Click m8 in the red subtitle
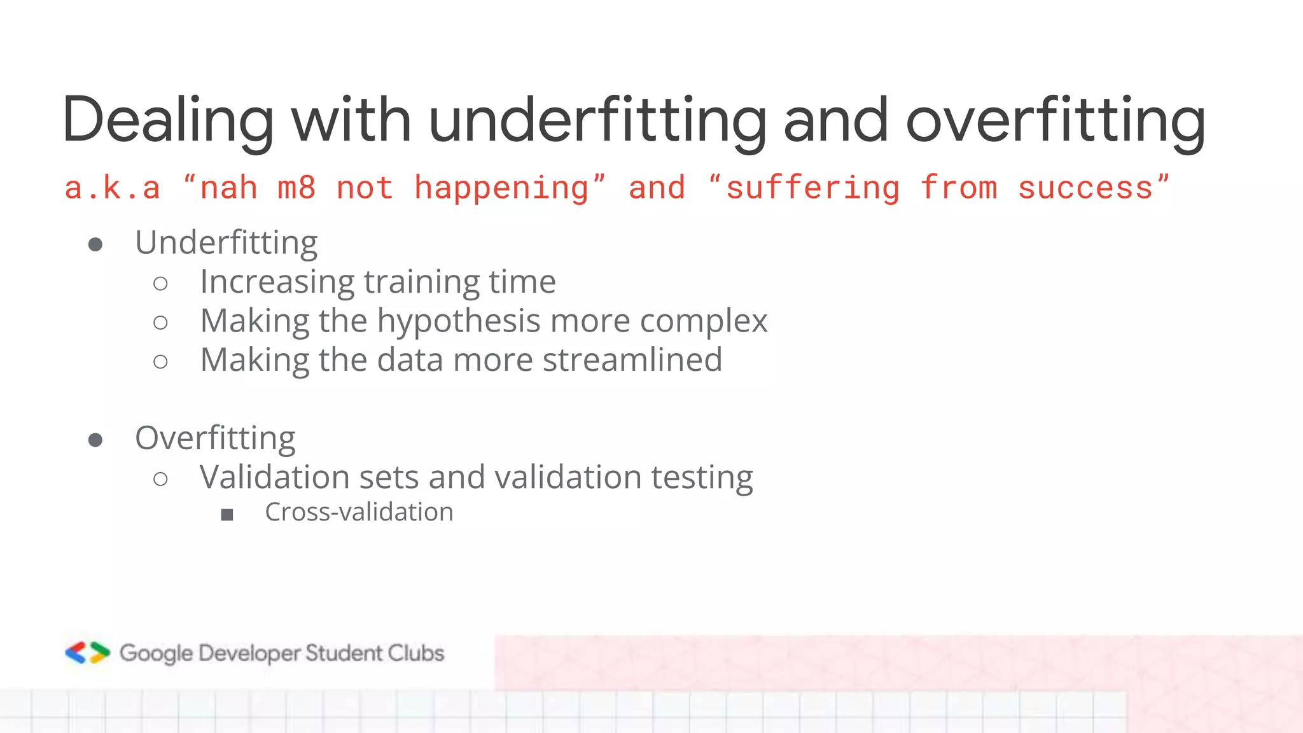click(x=296, y=188)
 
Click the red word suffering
click(x=813, y=188)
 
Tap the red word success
click(x=1085, y=188)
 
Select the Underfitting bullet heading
click(x=226, y=243)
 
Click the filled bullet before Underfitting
click(x=95, y=245)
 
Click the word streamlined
click(x=632, y=360)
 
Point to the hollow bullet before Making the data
click(x=161, y=362)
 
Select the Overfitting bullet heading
click(x=215, y=438)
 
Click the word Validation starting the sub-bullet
click(x=274, y=477)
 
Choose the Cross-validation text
click(x=359, y=512)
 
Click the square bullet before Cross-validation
click(x=227, y=515)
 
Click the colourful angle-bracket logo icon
click(x=88, y=653)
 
